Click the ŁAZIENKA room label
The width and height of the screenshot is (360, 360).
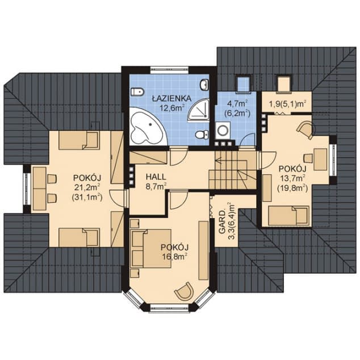click(x=172, y=98)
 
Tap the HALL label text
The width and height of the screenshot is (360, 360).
click(x=156, y=177)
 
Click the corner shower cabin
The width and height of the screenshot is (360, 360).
click(x=199, y=110)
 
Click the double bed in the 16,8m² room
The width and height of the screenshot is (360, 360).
click(x=151, y=248)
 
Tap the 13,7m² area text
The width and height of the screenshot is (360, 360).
click(x=292, y=178)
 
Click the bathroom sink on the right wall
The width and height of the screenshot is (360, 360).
click(x=204, y=85)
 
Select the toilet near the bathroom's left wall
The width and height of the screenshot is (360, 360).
click(x=137, y=92)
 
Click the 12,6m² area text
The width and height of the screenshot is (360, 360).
click(x=172, y=107)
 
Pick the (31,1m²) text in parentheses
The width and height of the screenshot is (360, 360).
click(x=87, y=197)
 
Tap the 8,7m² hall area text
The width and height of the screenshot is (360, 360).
click(x=156, y=186)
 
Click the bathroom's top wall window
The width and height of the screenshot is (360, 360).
click(x=170, y=70)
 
